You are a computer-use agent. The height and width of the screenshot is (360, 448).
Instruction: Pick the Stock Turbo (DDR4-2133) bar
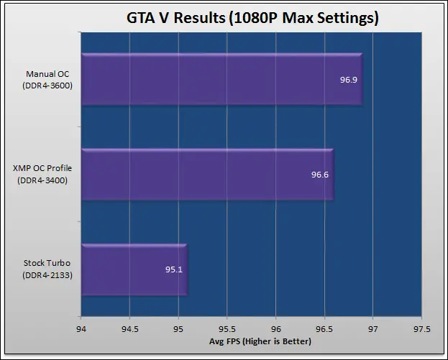(134, 270)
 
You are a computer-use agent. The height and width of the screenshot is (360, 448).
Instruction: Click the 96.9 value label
(348, 79)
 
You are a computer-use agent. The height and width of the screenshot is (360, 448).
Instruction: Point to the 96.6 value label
(319, 175)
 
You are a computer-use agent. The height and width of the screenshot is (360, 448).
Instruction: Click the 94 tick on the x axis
(81, 329)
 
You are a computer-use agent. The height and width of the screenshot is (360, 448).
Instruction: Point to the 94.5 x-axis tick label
(129, 329)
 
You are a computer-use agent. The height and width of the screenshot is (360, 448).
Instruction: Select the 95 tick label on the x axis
(178, 329)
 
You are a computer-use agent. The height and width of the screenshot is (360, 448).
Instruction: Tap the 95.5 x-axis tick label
(227, 329)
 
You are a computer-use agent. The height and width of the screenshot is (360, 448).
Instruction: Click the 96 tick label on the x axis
(275, 329)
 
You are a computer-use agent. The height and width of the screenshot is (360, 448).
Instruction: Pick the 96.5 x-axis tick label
(324, 329)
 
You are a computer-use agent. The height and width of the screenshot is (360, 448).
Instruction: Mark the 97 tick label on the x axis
(372, 329)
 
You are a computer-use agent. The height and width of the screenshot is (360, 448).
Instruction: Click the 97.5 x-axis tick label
(421, 329)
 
